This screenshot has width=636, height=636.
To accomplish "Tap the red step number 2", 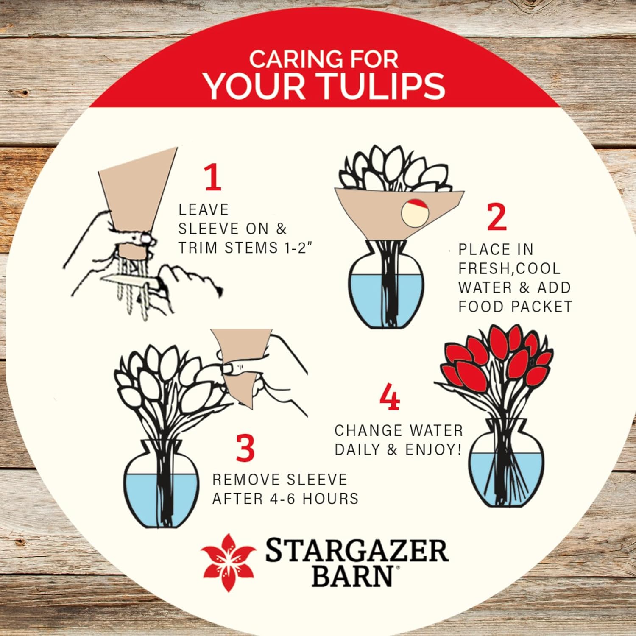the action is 497,217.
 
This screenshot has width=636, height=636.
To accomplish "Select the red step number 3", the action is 245,448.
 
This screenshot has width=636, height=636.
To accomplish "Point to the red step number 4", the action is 389,397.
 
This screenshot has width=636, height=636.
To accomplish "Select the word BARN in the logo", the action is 353,576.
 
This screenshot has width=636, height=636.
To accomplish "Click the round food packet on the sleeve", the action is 415,213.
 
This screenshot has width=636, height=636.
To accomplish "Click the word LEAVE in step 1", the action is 204,209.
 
